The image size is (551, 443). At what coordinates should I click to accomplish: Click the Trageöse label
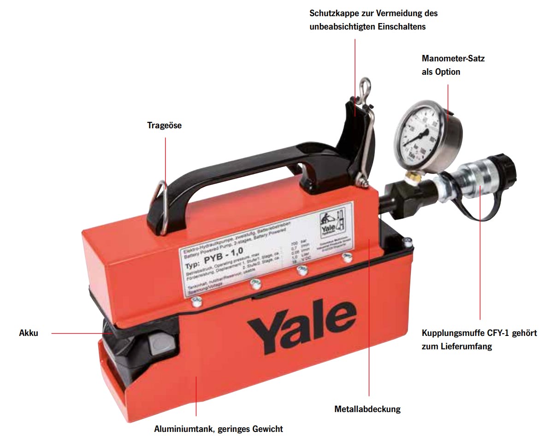pos(164,125)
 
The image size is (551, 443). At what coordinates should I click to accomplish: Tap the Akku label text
pos(29,333)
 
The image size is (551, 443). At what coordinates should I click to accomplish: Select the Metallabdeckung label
pos(367,408)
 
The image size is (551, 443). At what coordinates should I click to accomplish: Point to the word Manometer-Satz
pos(453,59)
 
